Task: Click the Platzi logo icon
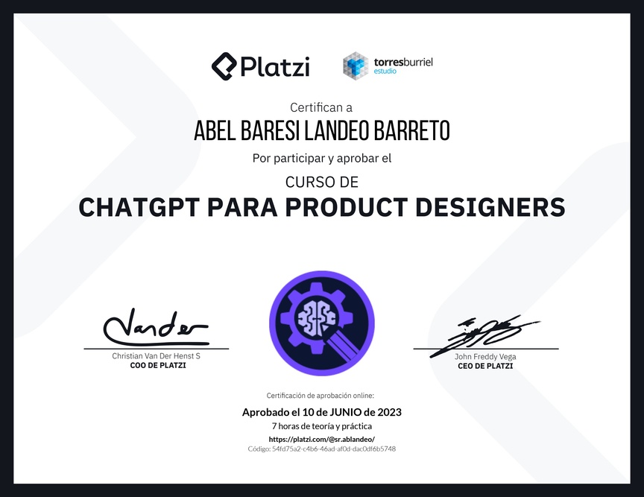pos(224,66)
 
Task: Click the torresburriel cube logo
pos(356,66)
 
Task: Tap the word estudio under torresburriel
pos(385,71)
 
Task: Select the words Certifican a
pos(321,107)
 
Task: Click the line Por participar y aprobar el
pos(322,159)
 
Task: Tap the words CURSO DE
pos(322,182)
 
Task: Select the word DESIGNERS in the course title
pos(490,207)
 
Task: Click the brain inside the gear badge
pos(316,317)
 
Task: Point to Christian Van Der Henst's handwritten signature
pos(156,327)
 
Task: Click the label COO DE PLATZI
pos(158,366)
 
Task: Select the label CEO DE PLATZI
pos(485,366)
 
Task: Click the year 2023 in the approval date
pos(390,412)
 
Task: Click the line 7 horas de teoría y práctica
pos(322,426)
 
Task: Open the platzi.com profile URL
pos(321,439)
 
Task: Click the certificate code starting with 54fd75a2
pos(321,449)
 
